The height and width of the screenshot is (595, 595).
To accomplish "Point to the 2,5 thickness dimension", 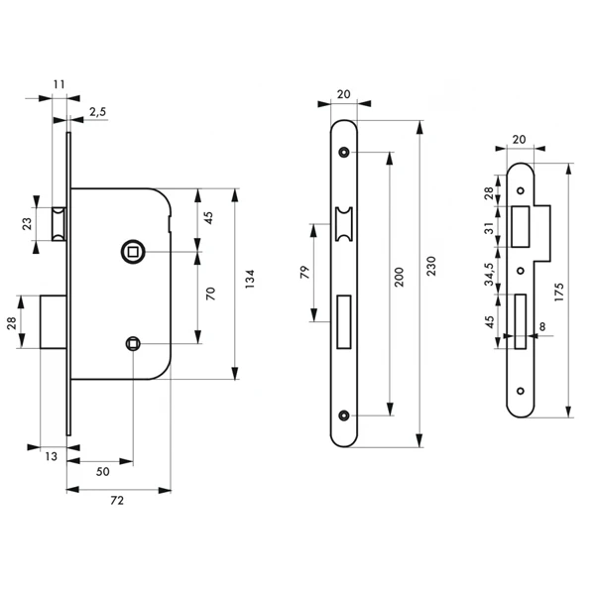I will (97, 113).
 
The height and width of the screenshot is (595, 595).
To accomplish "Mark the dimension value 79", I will (304, 271).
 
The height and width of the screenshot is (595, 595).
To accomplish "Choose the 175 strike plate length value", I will (578, 288).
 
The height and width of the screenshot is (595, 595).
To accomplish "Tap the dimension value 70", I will (209, 294).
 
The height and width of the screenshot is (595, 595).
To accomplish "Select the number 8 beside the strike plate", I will (542, 326).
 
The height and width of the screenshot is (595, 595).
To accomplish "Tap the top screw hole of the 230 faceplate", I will (343, 153).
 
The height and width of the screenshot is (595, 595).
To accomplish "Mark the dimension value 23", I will (29, 224).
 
